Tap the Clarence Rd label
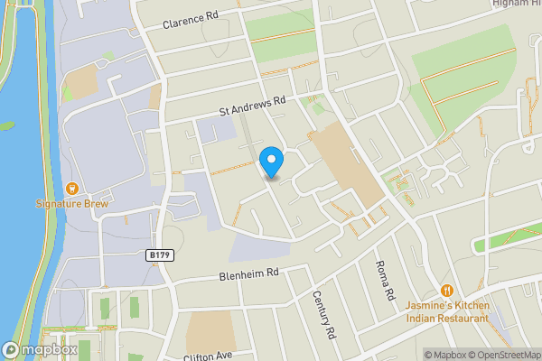click(192, 20)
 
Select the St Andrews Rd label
click(252, 106)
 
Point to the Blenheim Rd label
click(248, 273)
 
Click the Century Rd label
click(324, 315)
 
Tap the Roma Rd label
click(385, 281)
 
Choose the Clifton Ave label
click(208, 356)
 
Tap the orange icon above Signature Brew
click(71, 189)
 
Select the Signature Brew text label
click(71, 204)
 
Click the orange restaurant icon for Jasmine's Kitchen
click(447, 290)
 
